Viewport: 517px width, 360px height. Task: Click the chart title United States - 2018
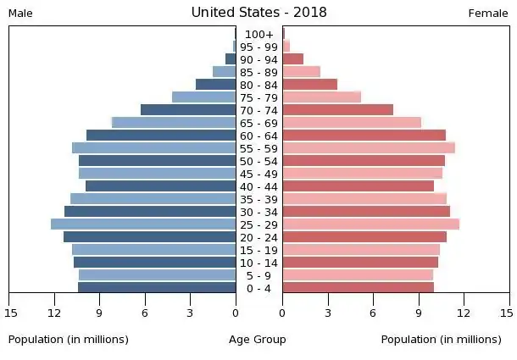point(258,12)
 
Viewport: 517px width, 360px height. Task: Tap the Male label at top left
point(20,14)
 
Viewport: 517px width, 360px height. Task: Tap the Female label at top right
point(488,14)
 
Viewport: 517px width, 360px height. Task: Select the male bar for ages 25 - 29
point(143,224)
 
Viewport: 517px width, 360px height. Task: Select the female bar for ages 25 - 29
point(370,224)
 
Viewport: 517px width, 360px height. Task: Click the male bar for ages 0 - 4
point(157,288)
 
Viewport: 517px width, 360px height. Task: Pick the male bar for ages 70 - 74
point(188,110)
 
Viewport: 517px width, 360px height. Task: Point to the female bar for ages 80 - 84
point(309,85)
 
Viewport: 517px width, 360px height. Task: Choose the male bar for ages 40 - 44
point(160,186)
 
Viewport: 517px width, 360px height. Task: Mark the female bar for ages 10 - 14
point(360,263)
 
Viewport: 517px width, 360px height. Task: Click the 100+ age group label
point(258,34)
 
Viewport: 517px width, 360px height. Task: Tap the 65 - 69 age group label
point(258,123)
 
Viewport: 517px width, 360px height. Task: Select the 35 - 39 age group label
point(258,199)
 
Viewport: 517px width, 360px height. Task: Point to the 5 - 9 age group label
point(258,275)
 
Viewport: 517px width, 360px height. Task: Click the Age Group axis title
point(258,340)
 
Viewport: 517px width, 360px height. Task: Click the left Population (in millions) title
point(69,340)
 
